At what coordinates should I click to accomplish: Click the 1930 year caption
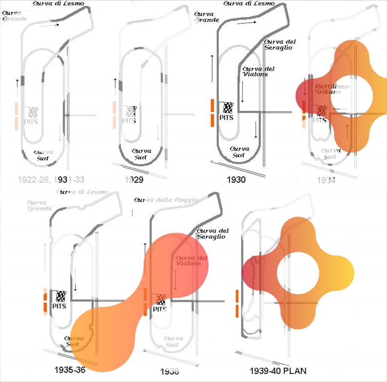[236, 180]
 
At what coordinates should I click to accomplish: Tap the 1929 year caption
[134, 180]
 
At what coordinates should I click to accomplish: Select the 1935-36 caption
[70, 370]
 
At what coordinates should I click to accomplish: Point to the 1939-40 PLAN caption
[278, 371]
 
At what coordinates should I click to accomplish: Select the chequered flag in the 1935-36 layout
[60, 296]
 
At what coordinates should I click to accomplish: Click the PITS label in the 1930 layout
[226, 118]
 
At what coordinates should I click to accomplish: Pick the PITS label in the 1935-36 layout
[59, 306]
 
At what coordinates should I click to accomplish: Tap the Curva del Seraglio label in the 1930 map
[280, 45]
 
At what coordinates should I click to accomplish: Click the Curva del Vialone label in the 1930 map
[258, 71]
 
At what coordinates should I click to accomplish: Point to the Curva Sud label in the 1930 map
[239, 152]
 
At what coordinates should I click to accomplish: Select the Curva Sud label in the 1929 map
[141, 154]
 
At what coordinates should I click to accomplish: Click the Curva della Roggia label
[166, 200]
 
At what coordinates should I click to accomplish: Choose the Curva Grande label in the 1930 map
[207, 17]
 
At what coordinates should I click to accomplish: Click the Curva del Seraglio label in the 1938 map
[212, 234]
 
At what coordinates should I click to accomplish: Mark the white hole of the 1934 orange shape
[351, 97]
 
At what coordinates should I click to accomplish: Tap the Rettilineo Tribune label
[331, 89]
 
